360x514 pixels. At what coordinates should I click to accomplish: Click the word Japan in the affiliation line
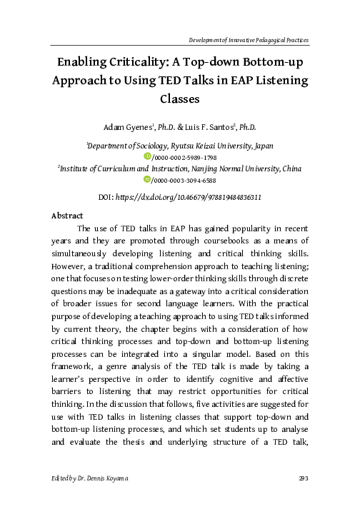pyautogui.click(x=261, y=143)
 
